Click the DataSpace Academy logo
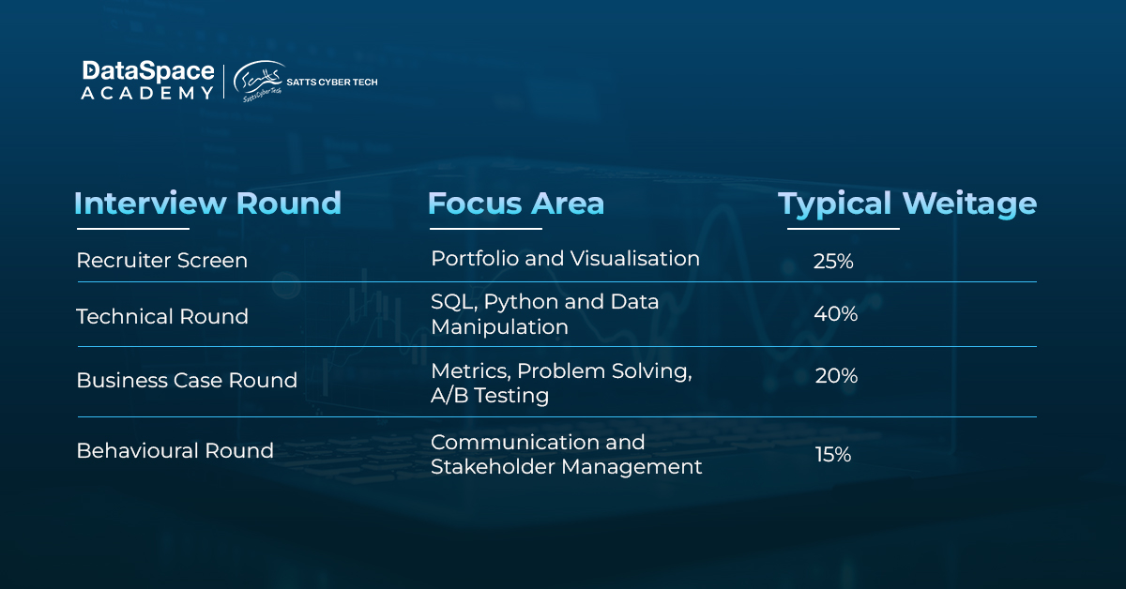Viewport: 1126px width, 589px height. tap(148, 81)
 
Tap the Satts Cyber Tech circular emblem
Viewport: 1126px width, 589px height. tap(258, 82)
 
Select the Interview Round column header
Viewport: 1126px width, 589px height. tap(207, 204)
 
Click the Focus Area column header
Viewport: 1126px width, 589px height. tap(516, 204)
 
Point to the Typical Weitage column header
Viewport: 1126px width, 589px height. tap(907, 204)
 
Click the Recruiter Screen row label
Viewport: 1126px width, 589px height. tap(161, 261)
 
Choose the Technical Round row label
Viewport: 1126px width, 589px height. tap(161, 317)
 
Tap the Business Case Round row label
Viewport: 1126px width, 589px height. tap(187, 381)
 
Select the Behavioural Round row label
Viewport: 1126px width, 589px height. tap(175, 451)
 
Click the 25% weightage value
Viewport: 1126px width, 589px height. tap(833, 262)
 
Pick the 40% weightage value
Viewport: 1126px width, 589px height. tap(835, 314)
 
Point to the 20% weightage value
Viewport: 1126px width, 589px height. tap(836, 376)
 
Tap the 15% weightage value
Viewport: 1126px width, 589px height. tap(833, 455)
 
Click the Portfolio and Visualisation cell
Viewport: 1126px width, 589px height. tap(565, 259)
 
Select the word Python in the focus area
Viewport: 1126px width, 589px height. tap(522, 303)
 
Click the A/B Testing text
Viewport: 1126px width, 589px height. tap(490, 396)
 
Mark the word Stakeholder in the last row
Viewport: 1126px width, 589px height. tap(494, 467)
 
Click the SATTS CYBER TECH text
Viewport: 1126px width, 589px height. tap(332, 82)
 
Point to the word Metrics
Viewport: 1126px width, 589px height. tap(470, 371)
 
